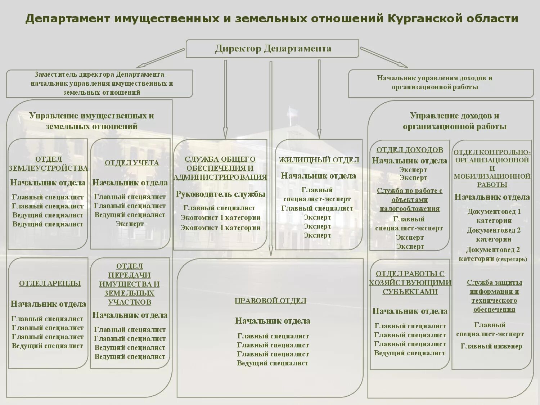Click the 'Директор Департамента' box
(x=273, y=49)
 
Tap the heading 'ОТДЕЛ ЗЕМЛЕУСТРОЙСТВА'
(x=48, y=163)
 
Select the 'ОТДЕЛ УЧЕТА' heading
(x=131, y=163)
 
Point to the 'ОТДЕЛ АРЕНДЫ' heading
(x=50, y=283)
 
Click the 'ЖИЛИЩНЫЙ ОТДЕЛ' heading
(x=319, y=160)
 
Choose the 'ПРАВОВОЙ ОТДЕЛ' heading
(x=270, y=301)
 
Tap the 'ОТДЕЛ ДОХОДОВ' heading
(x=410, y=150)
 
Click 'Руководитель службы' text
(x=220, y=194)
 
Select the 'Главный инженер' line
(x=491, y=346)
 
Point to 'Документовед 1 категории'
(x=494, y=216)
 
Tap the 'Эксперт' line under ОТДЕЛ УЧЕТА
(x=130, y=224)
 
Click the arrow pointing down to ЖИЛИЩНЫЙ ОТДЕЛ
(x=319, y=99)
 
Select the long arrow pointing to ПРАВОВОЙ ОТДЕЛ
(x=271, y=158)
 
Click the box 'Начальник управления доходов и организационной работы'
(x=441, y=83)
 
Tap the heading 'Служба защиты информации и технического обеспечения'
(x=494, y=296)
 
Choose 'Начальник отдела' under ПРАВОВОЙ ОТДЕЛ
(x=273, y=321)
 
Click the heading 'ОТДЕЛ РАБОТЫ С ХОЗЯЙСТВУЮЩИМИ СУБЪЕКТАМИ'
(x=410, y=283)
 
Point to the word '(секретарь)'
(x=511, y=259)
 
